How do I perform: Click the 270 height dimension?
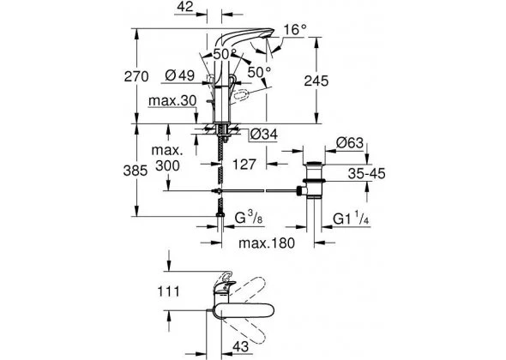tap(136, 77)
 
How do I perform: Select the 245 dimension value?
tap(316, 81)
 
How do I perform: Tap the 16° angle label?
tap(295, 30)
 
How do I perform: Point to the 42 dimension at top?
tap(185, 7)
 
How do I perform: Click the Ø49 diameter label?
tap(180, 75)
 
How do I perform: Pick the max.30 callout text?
tap(172, 101)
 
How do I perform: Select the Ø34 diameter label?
tap(264, 135)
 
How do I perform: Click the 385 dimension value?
tap(136, 171)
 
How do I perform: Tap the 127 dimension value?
tap(244, 165)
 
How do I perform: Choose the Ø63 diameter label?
tap(350, 142)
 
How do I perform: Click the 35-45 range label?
tap(366, 173)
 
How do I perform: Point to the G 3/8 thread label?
tap(249, 218)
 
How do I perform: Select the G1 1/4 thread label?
tap(351, 219)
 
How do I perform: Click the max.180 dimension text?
tap(267, 243)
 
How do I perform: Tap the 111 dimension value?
tap(168, 291)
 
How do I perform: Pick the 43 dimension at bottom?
tap(241, 346)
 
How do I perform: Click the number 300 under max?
tap(167, 165)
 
